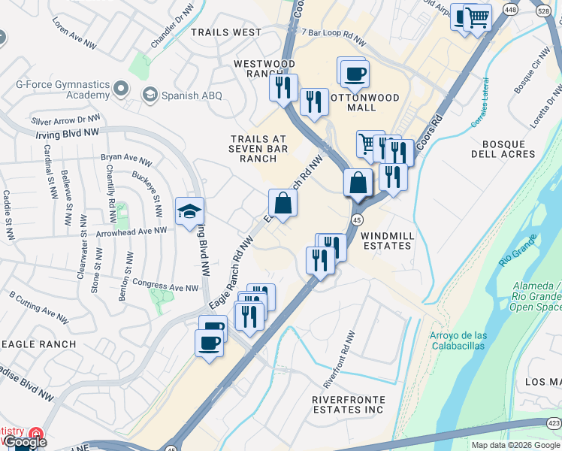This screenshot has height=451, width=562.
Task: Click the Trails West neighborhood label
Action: (226, 32)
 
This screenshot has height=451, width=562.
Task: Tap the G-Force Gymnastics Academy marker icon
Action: (121, 91)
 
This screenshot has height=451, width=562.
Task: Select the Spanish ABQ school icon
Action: (150, 95)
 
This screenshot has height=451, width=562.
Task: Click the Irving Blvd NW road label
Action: (68, 133)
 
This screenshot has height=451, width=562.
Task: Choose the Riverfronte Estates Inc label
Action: (349, 404)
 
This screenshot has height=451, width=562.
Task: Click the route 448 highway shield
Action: (511, 10)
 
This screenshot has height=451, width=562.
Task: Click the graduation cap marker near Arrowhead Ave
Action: (189, 210)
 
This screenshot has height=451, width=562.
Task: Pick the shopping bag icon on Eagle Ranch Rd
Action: (283, 203)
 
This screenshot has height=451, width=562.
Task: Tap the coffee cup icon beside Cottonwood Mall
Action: (355, 74)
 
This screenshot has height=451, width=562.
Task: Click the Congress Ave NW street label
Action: (165, 286)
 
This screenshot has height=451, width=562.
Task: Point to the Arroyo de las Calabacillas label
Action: (458, 341)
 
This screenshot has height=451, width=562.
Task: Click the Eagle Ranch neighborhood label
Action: (38, 344)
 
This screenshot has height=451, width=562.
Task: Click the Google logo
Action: (25, 442)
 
